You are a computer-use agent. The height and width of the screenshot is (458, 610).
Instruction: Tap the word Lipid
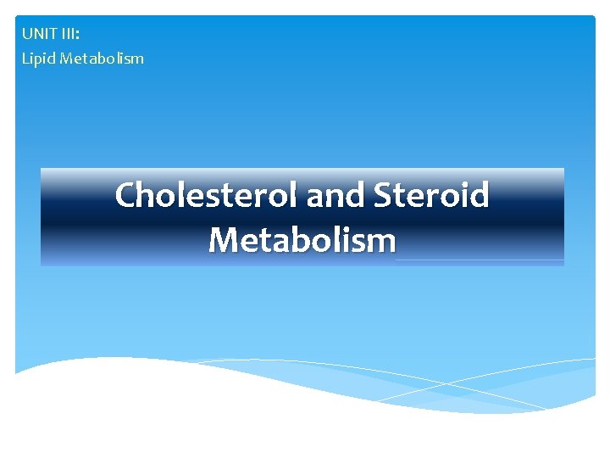pos(36,59)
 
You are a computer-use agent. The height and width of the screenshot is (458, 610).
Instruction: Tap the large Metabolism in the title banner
pos(302,240)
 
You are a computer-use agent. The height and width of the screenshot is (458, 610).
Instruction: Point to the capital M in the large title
pos(224,240)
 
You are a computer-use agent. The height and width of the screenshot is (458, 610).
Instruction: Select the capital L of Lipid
pos(25,59)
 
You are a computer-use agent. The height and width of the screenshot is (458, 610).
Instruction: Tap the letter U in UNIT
pos(27,35)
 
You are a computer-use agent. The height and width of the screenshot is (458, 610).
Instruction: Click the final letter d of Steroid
pos(480,195)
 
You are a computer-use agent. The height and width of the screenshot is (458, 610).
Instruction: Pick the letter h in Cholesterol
pos(147,195)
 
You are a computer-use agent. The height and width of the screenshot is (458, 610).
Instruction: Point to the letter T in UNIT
pos(55,35)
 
